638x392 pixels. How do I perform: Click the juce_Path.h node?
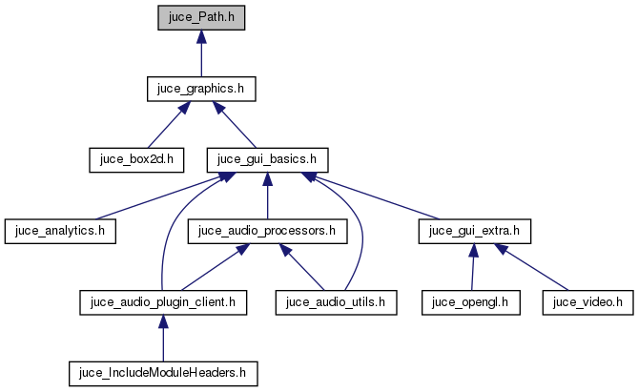[x=200, y=18]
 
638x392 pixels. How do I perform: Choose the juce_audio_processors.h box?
[x=266, y=230]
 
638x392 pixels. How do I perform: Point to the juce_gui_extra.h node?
[x=475, y=230]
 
